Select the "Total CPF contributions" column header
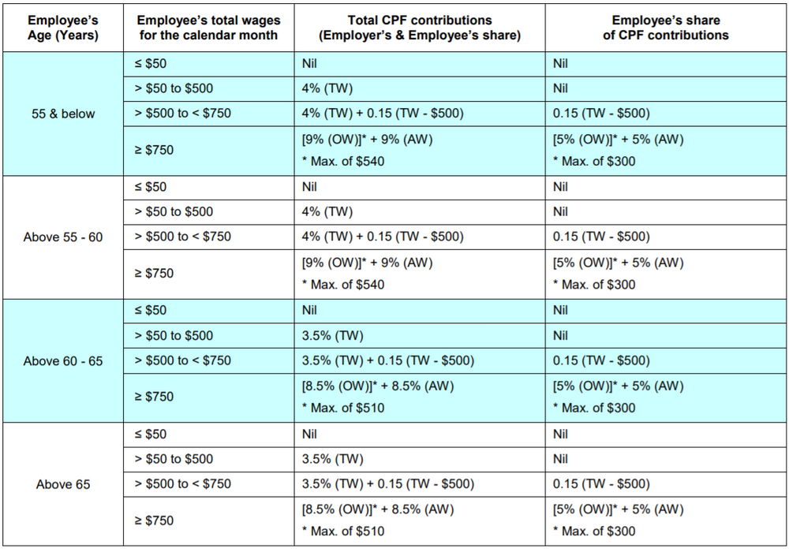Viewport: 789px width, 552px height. pos(420,28)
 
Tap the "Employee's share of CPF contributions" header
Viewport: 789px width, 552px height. pos(666,28)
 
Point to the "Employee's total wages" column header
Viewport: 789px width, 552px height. pos(208,28)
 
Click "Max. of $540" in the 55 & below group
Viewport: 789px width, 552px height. pos(344,161)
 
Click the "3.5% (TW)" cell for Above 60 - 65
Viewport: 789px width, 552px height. pos(332,336)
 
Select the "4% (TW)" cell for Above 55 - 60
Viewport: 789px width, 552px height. pos(327,212)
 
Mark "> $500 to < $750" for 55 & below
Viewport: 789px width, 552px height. pos(183,113)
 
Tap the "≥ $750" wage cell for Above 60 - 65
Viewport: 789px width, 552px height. pos(155,397)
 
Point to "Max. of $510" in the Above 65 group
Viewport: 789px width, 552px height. pos(344,531)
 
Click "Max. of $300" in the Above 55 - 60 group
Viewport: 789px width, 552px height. pos(595,285)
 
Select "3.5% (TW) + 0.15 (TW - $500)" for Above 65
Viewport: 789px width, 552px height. pos(388,484)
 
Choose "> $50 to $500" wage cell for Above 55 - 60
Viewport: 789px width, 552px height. pos(174,212)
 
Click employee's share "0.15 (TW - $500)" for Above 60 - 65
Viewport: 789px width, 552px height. pos(601,360)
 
